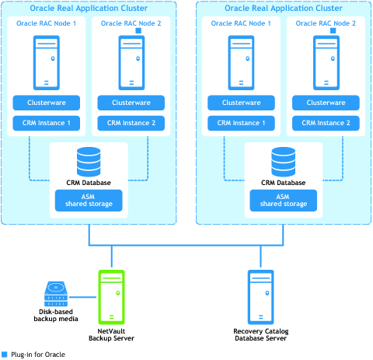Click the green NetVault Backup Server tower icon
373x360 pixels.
click(x=111, y=297)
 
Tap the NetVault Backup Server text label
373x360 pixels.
click(x=111, y=334)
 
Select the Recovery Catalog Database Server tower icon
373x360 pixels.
click(x=260, y=297)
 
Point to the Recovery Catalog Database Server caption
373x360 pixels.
click(x=261, y=334)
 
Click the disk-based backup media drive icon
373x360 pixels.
click(x=56, y=294)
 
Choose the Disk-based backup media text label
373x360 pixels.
click(x=56, y=315)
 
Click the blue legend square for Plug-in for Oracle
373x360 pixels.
click(x=5, y=355)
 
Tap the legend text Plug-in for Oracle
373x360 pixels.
click(x=38, y=355)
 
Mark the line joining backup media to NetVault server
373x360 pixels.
click(x=82, y=297)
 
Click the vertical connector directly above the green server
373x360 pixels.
click(x=112, y=256)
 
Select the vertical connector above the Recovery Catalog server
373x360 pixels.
click(x=260, y=256)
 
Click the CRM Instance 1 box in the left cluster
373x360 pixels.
click(x=47, y=123)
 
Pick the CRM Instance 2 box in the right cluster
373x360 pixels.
click(x=326, y=123)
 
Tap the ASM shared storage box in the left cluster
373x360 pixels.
click(x=89, y=201)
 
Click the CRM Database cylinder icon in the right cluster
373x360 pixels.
click(x=283, y=162)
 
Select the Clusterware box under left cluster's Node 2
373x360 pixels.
click(x=131, y=103)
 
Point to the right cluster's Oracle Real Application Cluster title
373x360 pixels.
click(x=284, y=8)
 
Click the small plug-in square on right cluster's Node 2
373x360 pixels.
click(x=333, y=30)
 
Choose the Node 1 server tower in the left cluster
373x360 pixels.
click(x=47, y=63)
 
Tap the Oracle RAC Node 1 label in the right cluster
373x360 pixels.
click(x=241, y=23)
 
